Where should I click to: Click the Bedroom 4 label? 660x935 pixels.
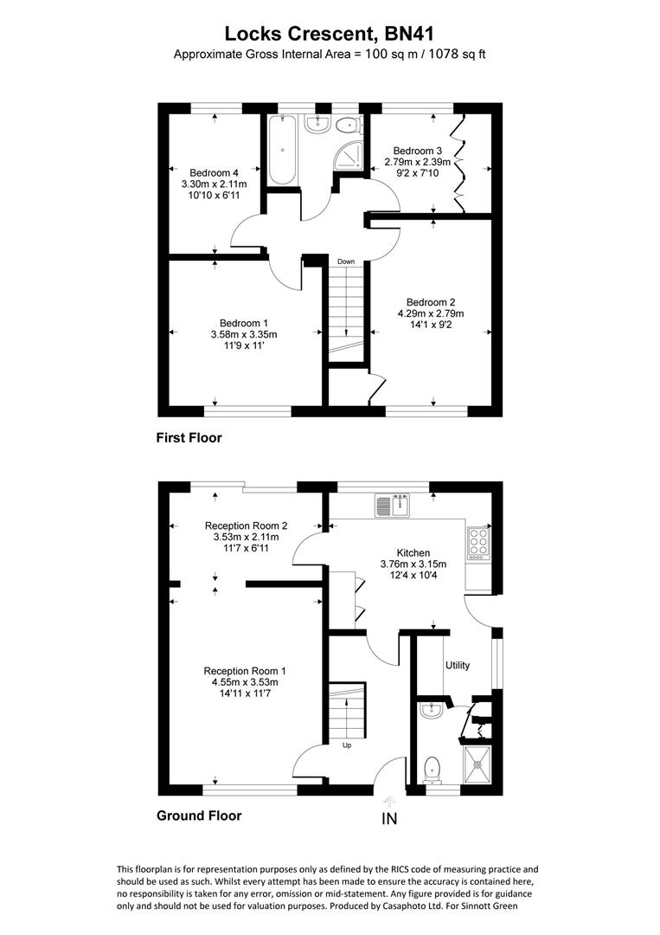click(214, 173)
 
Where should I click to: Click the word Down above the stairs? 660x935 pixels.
click(345, 261)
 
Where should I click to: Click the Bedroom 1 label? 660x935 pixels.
click(244, 324)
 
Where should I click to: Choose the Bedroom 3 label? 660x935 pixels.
click(417, 151)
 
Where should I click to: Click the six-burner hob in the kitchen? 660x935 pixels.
click(479, 543)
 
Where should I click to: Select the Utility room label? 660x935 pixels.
click(458, 666)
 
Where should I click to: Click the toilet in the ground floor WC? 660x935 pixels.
click(431, 770)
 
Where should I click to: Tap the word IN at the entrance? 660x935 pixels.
click(389, 819)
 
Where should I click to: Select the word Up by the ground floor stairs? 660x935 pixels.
click(347, 745)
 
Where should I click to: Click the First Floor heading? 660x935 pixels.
click(189, 438)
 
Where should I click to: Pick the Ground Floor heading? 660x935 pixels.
click(199, 816)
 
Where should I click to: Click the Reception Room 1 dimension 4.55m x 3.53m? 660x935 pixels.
click(245, 682)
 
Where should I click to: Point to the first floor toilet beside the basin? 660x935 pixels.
click(347, 126)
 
